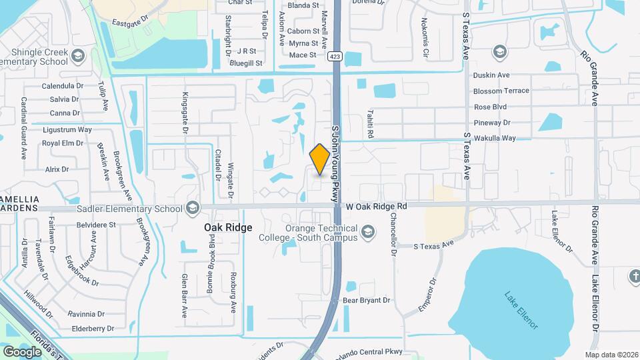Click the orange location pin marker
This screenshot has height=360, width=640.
tap(320, 159)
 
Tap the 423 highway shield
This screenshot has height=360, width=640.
tap(335, 57)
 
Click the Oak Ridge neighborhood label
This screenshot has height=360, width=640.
tap(228, 227)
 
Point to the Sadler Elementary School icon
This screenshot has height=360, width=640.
tap(193, 209)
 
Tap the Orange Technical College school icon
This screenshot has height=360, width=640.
tap(367, 233)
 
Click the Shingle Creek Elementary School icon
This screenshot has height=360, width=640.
tap(79, 55)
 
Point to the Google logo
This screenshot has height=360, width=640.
tap(22, 351)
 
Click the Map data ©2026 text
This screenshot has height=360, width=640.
tap(611, 355)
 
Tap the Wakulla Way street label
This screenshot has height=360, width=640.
tap(494, 138)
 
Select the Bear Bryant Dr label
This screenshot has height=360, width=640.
tap(366, 300)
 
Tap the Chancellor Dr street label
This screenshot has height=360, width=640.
tap(393, 235)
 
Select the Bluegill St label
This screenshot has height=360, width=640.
tap(246, 63)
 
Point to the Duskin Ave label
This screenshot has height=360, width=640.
tap(491, 75)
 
